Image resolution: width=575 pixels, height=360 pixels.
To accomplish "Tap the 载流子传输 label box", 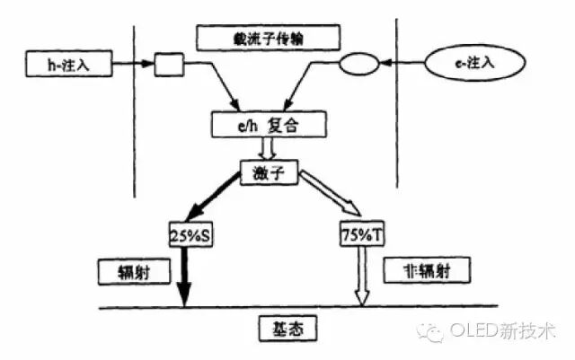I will point(269,38).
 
